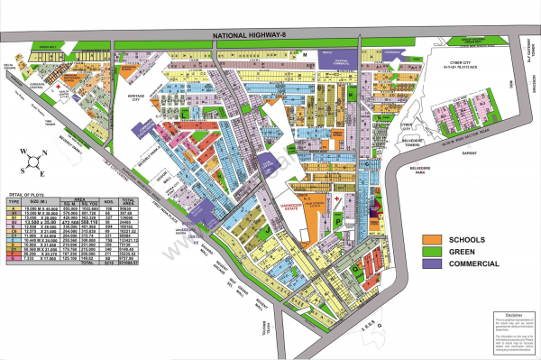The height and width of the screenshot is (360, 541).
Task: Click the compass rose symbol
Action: (33, 162)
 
